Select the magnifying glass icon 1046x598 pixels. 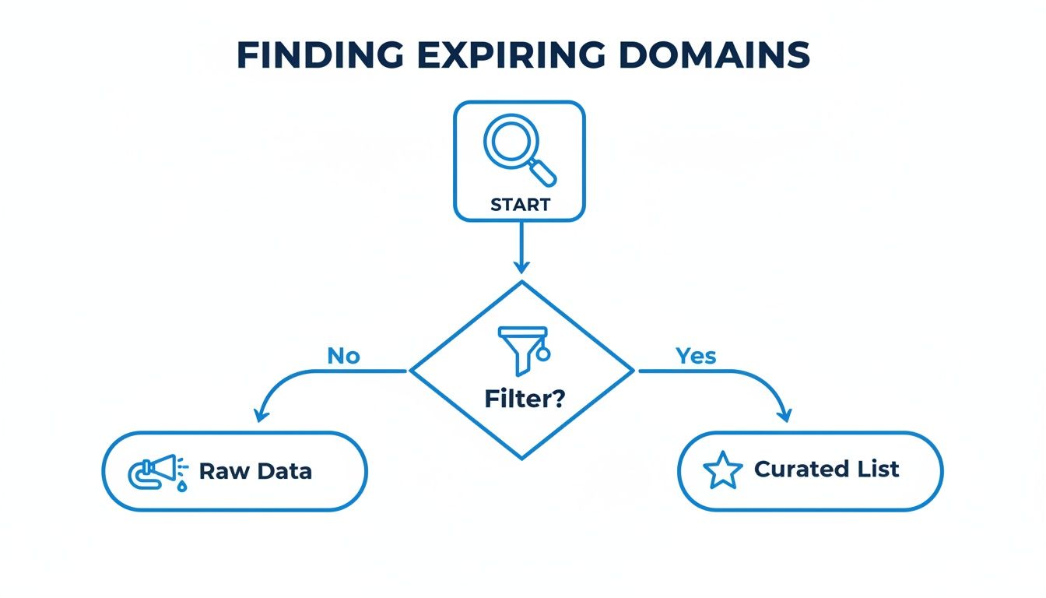coord(518,152)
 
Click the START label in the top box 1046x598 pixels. coord(520,205)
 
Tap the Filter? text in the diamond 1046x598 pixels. coord(525,399)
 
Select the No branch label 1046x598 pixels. coord(343,356)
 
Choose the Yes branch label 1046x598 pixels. coord(696,356)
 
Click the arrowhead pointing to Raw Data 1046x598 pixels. coord(258,416)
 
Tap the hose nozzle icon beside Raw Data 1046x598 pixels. coord(159,471)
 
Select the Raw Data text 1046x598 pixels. coord(255,471)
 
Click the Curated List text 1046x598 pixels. coord(827,470)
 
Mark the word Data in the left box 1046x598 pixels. coord(284,471)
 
